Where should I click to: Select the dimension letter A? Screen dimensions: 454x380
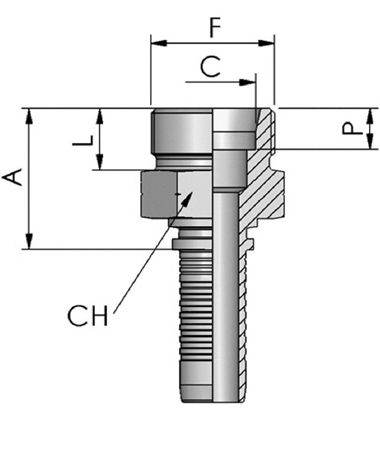point(13,178)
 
